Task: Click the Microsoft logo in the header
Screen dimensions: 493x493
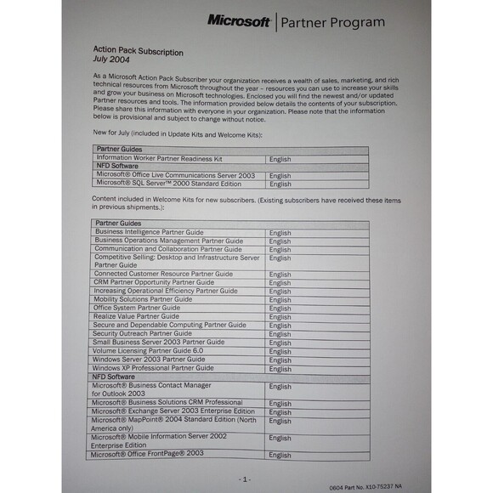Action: click(240, 20)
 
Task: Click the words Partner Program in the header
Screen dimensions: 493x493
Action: click(332, 22)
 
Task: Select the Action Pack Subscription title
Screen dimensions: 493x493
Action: click(138, 52)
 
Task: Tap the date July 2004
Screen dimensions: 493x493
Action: click(112, 61)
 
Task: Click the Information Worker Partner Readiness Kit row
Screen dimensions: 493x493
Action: click(159, 159)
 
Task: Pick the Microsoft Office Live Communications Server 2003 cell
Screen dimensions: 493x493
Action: click(175, 175)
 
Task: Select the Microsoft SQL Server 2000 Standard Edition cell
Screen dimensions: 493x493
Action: click(170, 184)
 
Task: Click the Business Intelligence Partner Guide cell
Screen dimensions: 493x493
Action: click(150, 232)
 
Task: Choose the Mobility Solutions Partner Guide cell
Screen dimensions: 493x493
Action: click(143, 299)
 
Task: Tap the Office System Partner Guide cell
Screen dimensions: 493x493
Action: click(138, 308)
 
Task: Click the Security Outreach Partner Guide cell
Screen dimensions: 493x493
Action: click(143, 333)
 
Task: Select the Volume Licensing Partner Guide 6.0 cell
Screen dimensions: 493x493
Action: click(150, 350)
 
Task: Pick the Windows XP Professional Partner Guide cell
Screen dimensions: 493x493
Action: click(154, 368)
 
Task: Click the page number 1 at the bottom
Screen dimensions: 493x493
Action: click(245, 479)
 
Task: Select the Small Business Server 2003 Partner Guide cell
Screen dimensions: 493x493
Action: click(160, 342)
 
